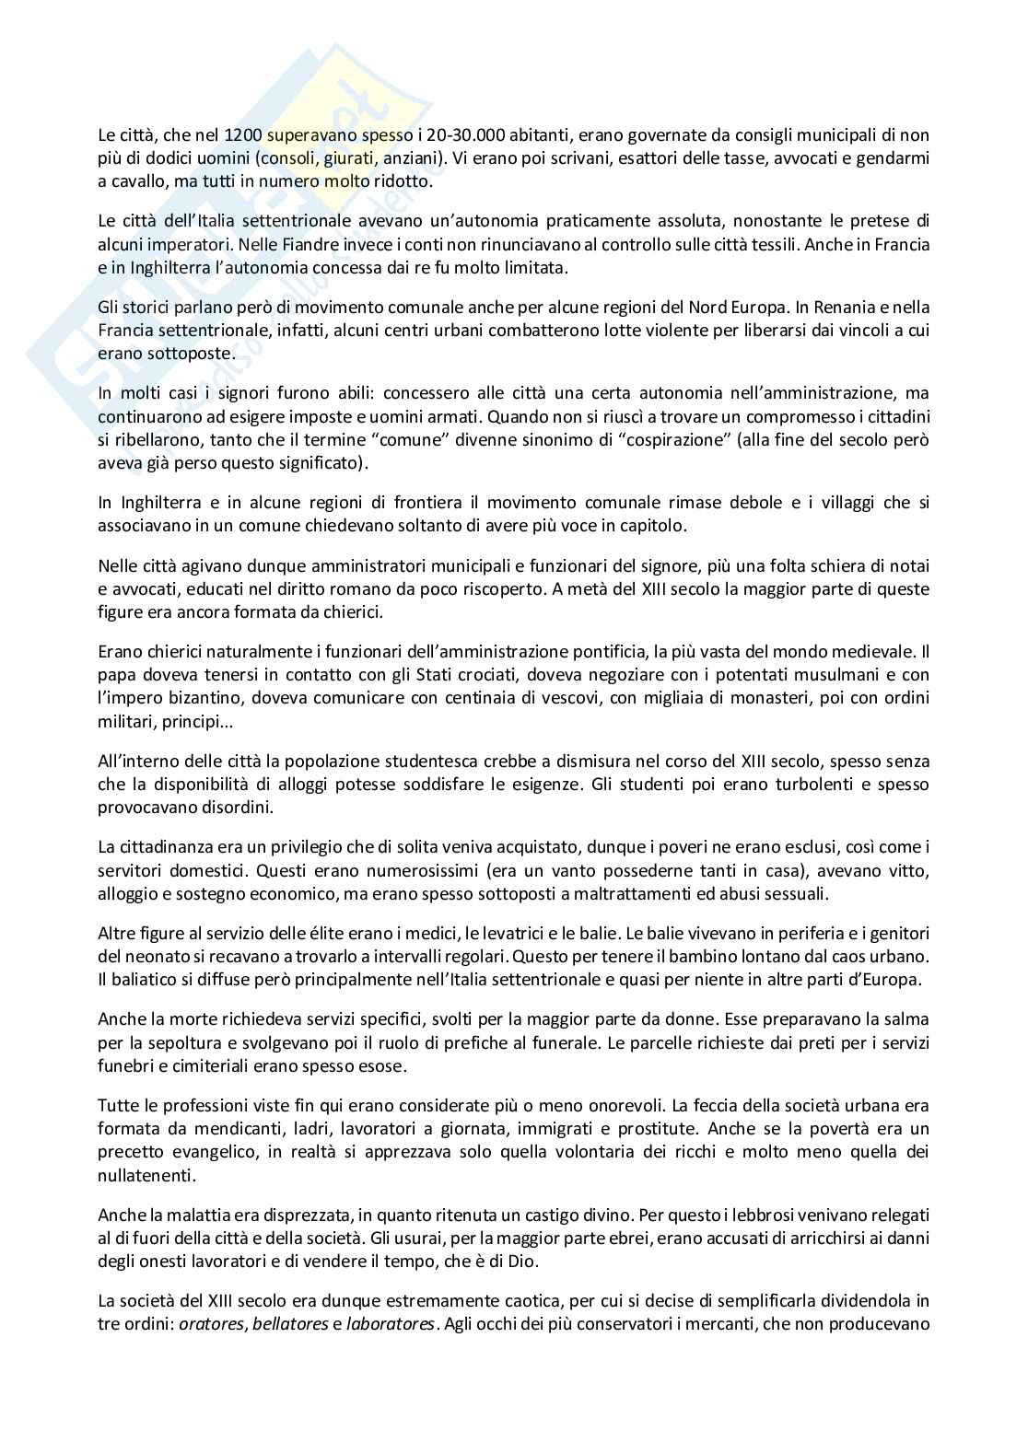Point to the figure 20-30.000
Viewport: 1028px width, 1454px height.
tap(457, 135)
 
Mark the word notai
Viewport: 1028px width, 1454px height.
tap(910, 565)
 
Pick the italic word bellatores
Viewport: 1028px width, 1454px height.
tap(276, 1323)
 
